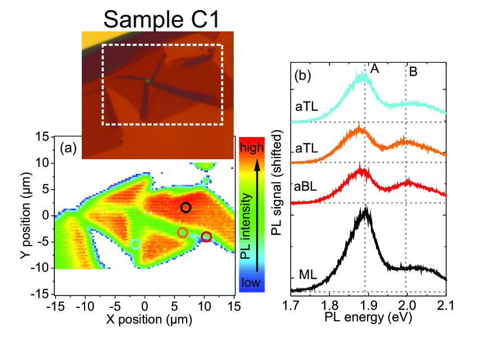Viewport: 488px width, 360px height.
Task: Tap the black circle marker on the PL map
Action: (x=186, y=207)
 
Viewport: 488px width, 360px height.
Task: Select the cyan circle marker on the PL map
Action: (x=135, y=243)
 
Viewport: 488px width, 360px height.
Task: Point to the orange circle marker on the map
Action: (x=182, y=232)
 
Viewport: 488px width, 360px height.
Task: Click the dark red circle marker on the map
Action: (x=206, y=237)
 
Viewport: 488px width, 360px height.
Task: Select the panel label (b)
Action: (x=303, y=75)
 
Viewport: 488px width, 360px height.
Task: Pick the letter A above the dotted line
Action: (x=375, y=68)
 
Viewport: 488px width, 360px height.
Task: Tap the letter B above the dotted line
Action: (x=413, y=71)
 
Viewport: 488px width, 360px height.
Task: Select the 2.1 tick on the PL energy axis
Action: (x=445, y=306)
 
